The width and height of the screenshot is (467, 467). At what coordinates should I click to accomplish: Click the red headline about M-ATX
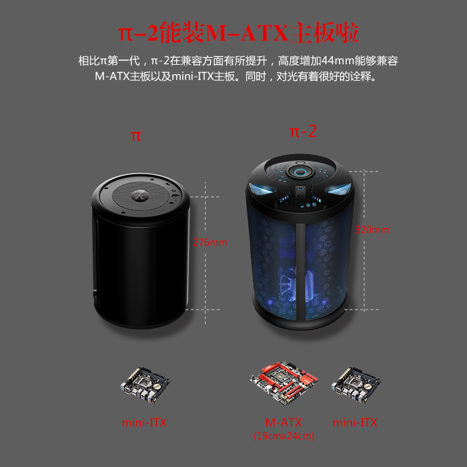[x=238, y=33]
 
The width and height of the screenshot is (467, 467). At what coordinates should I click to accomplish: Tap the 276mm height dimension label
[x=209, y=242]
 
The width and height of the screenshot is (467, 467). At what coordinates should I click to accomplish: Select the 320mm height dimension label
[x=372, y=229]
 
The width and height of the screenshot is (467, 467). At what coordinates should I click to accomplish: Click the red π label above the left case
[x=136, y=136]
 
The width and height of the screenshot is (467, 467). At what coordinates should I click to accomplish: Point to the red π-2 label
[x=303, y=131]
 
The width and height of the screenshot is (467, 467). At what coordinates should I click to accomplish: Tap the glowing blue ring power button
[x=300, y=172]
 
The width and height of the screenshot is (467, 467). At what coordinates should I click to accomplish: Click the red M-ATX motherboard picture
[x=284, y=383]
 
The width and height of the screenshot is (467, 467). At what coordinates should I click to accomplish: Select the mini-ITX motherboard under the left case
[x=145, y=385]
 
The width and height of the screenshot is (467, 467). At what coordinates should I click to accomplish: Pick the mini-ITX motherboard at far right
[x=356, y=385]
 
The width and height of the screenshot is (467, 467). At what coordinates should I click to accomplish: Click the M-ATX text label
[x=284, y=422]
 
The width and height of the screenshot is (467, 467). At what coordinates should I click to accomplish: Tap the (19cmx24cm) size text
[x=284, y=436]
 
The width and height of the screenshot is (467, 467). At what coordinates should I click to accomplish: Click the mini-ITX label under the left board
[x=144, y=422]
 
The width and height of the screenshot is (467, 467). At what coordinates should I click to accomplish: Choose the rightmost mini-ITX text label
[x=355, y=422]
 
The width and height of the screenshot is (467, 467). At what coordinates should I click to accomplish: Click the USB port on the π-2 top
[x=300, y=189]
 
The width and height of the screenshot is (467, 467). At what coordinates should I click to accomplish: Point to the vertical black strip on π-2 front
[x=300, y=271]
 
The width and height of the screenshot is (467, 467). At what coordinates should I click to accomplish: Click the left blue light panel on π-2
[x=263, y=189]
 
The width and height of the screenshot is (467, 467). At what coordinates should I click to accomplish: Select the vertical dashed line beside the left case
[x=205, y=253]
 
